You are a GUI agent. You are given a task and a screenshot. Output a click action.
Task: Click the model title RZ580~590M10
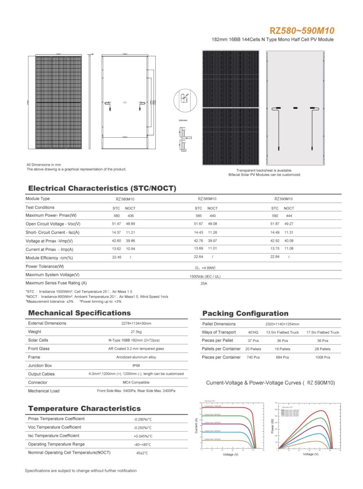tap(301, 31)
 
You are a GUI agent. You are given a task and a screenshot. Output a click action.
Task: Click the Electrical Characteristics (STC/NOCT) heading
tap(102, 188)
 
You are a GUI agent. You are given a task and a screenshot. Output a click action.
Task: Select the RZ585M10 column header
tap(207, 199)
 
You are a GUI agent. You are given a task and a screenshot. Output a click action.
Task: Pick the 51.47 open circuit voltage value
tap(116, 224)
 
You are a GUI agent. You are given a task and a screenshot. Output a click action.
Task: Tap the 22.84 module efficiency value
tap(275, 257)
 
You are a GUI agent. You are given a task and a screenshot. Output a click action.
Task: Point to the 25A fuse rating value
tap(204, 283)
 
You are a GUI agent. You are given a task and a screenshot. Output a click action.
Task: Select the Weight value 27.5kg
tap(136, 332)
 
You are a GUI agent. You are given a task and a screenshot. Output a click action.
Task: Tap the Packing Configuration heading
tap(245, 313)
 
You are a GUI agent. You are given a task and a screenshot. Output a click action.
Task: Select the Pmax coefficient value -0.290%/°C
tap(143, 419)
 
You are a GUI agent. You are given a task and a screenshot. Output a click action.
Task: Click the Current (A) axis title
tap(196, 425)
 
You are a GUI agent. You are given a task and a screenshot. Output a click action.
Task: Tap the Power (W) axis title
tap(273, 426)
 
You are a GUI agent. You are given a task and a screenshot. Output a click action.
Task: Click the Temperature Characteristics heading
tap(84, 408)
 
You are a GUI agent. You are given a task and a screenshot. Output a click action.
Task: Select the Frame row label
tap(34, 357)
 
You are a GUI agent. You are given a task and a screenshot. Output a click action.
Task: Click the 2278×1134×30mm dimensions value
tap(136, 324)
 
